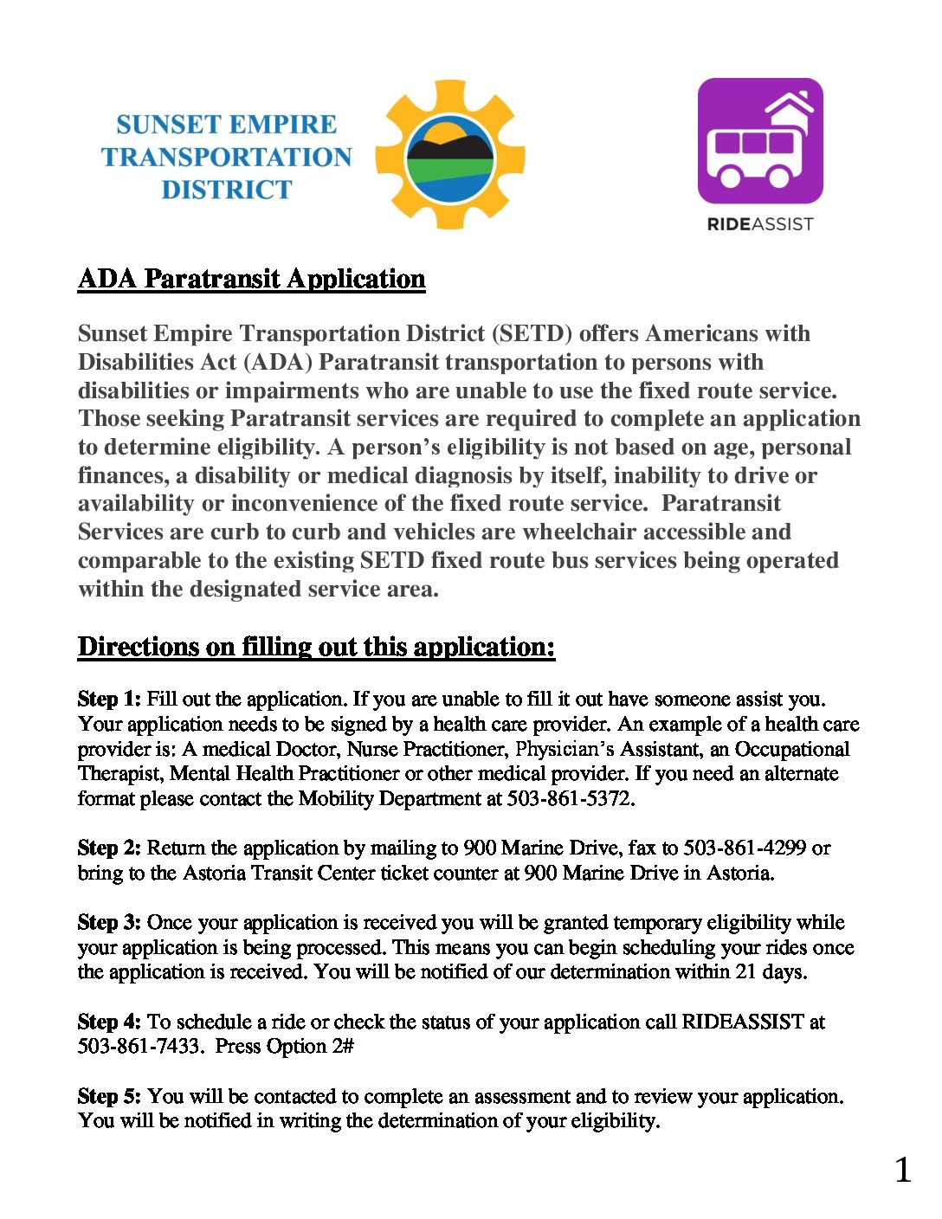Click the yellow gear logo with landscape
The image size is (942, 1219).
(x=450, y=155)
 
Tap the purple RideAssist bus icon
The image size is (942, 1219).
(x=760, y=141)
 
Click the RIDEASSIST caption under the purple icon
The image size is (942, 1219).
(x=760, y=224)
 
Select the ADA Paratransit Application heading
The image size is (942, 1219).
(x=251, y=279)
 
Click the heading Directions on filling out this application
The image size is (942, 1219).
(x=316, y=647)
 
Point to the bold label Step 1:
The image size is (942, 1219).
(x=109, y=699)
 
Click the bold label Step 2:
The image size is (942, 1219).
(x=109, y=848)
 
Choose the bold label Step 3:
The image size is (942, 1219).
(x=109, y=922)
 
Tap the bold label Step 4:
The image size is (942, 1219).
(x=109, y=1022)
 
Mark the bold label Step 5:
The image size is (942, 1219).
(x=109, y=1096)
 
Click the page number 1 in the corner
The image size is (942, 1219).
(x=903, y=1171)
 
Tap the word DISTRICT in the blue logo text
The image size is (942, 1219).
(x=227, y=190)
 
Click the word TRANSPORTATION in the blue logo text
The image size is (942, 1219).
(x=227, y=157)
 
